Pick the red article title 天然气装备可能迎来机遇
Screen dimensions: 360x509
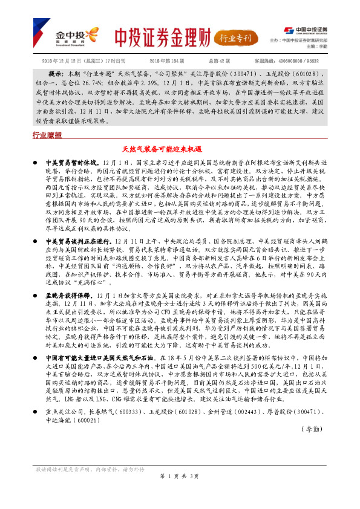(179, 148)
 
